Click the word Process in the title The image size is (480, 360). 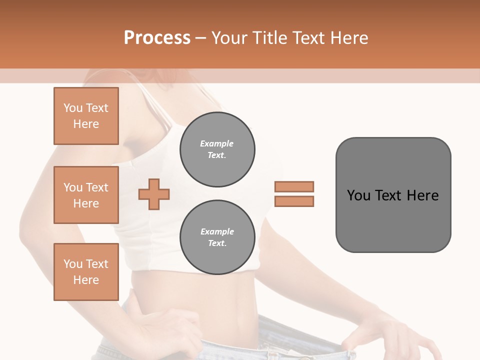click(157, 38)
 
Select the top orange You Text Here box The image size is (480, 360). click(86, 116)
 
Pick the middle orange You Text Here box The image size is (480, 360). click(86, 195)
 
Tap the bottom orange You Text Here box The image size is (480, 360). click(86, 272)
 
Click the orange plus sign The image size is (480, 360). click(154, 194)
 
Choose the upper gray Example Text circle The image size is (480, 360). click(217, 149)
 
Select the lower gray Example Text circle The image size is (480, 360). click(217, 237)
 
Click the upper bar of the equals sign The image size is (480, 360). click(294, 186)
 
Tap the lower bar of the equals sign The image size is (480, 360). click(294, 201)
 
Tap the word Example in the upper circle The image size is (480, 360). click(217, 143)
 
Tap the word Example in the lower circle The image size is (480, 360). click(217, 231)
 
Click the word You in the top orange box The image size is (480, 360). click(73, 108)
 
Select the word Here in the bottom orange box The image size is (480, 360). click(86, 280)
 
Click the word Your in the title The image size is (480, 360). click(231, 38)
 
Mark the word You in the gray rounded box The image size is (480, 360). click(358, 195)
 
